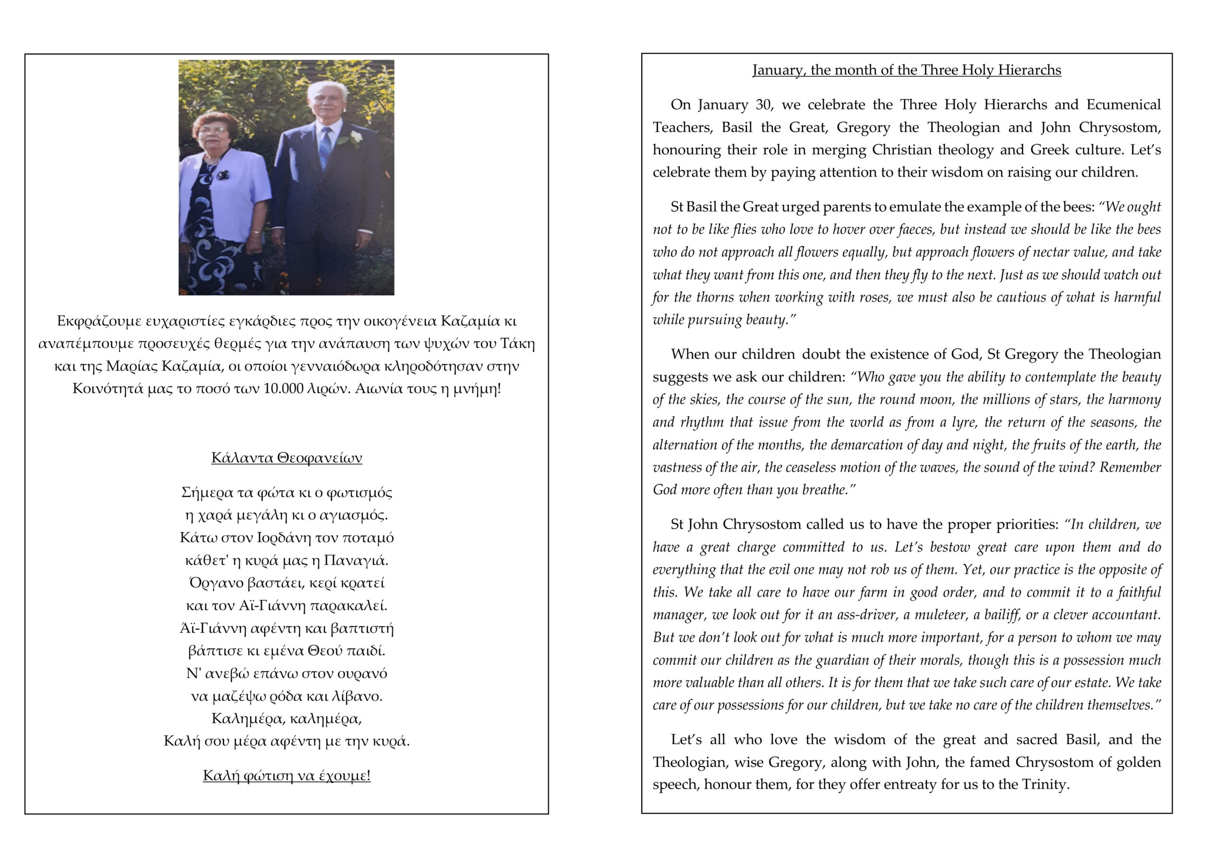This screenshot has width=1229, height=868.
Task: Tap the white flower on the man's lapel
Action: tap(356, 138)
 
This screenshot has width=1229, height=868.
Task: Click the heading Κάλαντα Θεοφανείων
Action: tap(287, 458)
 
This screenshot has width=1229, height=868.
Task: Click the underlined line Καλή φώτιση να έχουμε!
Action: tap(287, 775)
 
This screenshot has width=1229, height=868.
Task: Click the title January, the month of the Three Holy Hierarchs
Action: tap(906, 70)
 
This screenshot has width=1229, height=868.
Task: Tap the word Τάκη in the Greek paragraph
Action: tap(517, 343)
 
